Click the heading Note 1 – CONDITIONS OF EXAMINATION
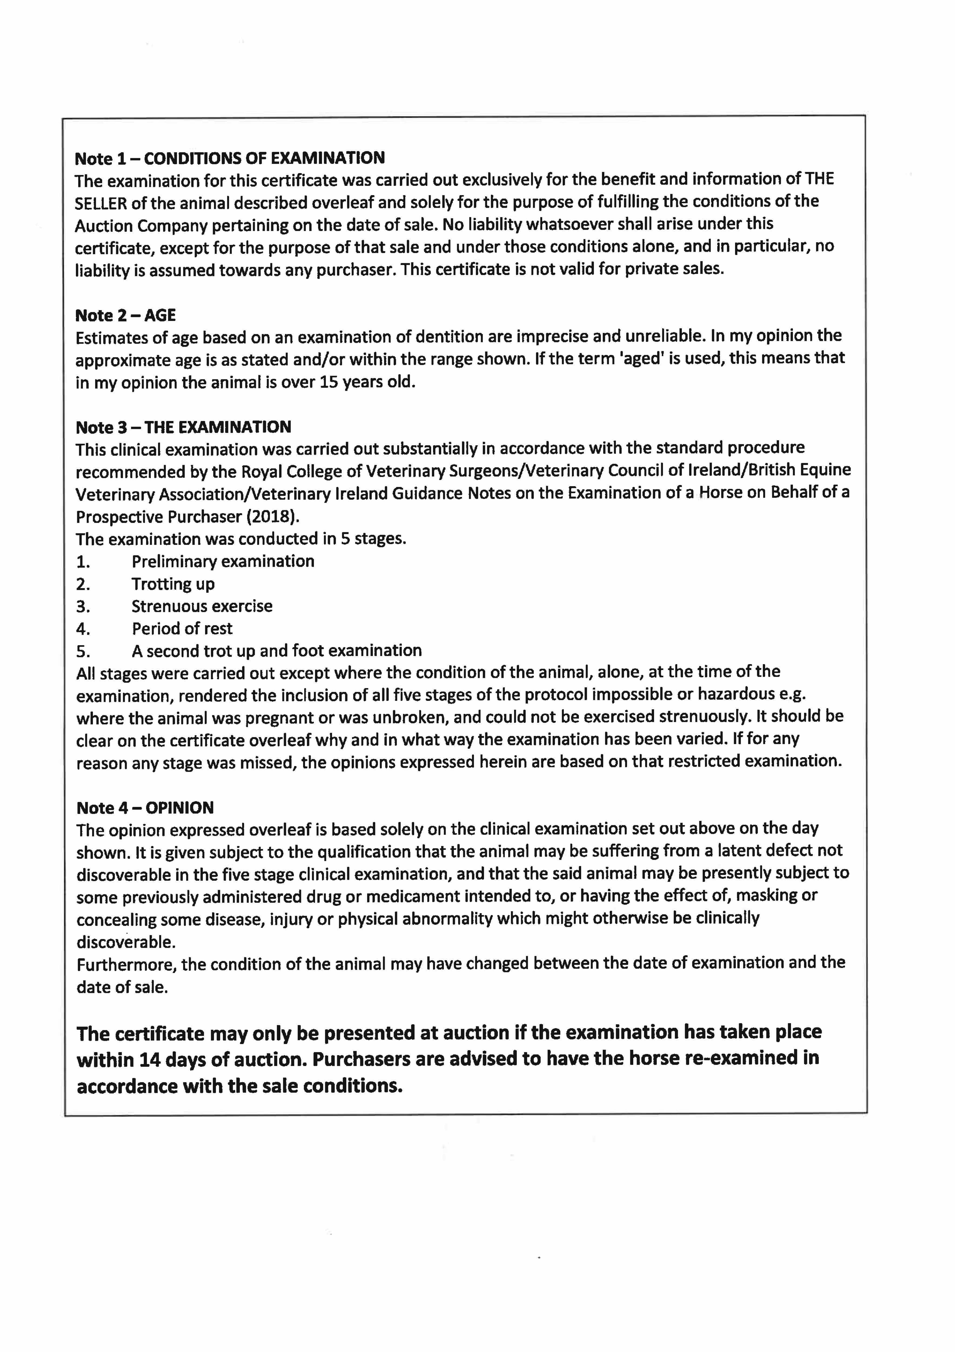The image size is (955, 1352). (229, 158)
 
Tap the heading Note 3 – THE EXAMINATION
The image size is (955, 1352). (183, 427)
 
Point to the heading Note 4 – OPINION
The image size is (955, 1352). (145, 807)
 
